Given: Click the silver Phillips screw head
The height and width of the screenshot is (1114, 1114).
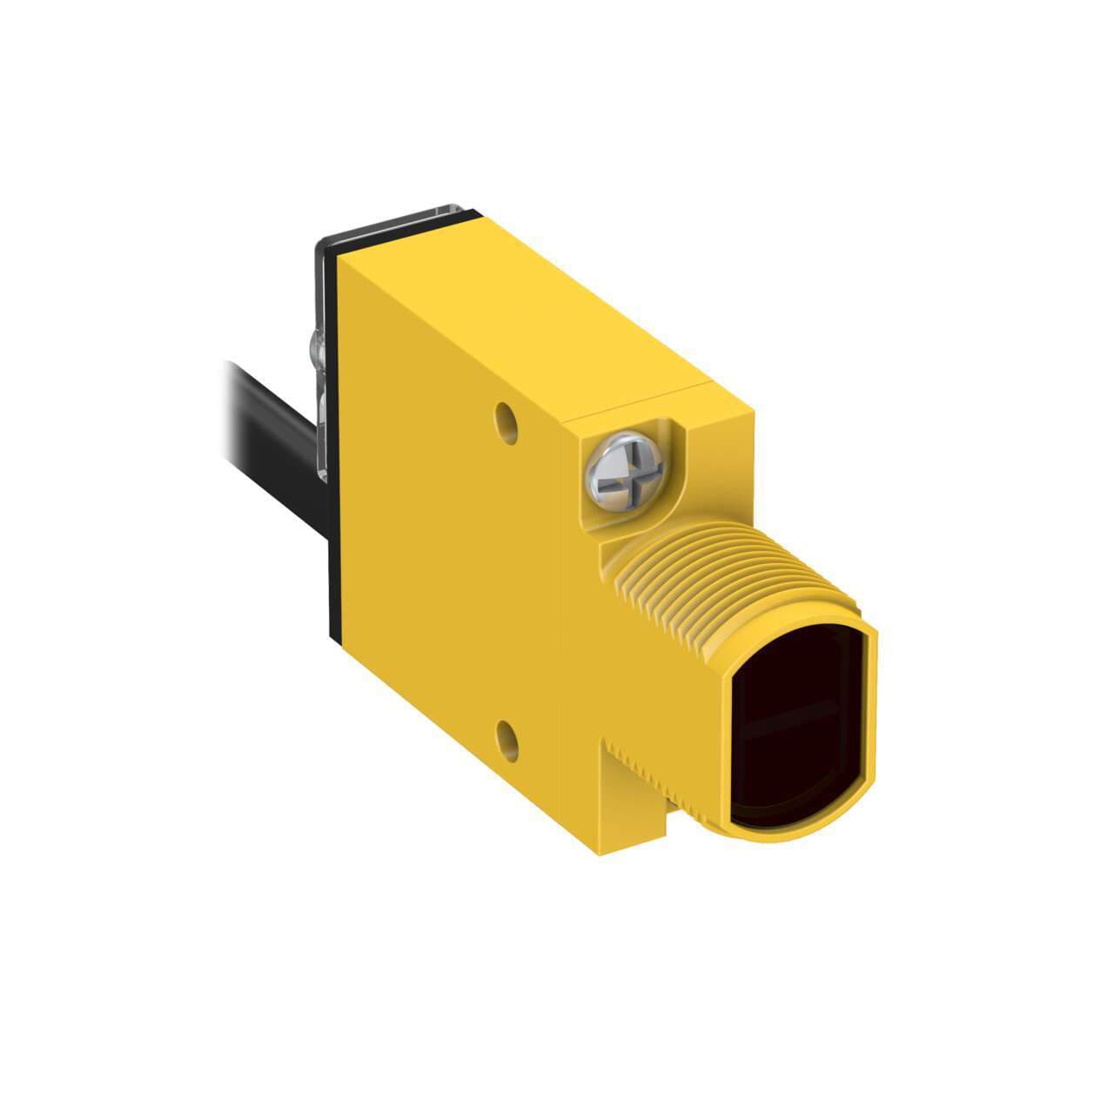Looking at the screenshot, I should point(624,471).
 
